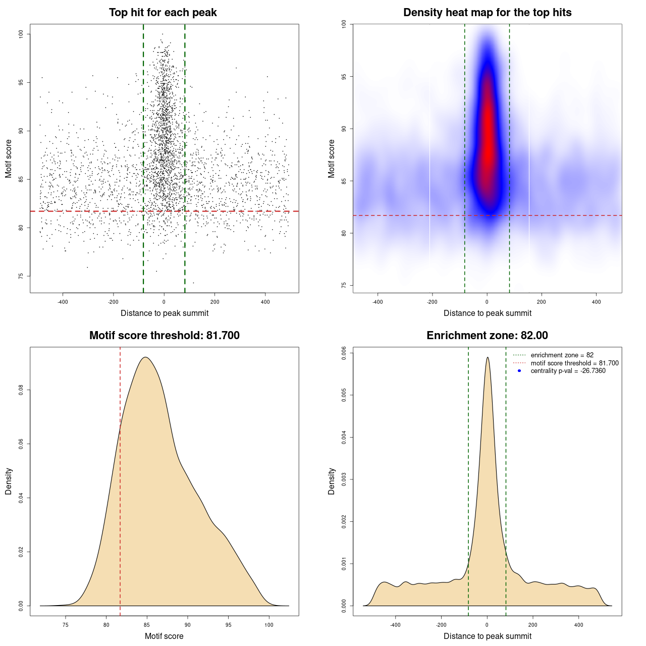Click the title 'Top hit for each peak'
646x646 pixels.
coord(163,13)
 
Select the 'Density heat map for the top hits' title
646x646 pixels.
coord(487,13)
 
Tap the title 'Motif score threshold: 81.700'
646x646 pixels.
coord(164,336)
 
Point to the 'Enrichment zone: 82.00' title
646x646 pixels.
coord(487,336)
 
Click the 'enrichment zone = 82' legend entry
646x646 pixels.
coord(562,355)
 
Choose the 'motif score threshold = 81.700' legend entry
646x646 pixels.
coord(574,363)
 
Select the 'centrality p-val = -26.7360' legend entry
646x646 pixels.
coord(568,371)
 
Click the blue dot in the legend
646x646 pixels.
coord(519,371)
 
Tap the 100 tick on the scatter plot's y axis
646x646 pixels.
coord(21,34)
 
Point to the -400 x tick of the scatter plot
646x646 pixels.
coord(63,302)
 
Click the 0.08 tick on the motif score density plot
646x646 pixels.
coord(21,390)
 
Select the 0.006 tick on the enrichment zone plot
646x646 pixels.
coord(344,352)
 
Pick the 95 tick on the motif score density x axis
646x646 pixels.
coord(228,625)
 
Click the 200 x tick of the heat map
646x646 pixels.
coord(542,302)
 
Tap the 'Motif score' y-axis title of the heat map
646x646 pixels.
coord(332,158)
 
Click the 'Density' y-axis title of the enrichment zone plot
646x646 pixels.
coord(332,481)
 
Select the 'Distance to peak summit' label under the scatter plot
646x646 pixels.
coord(165,313)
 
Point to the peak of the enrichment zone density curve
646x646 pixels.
coord(488,357)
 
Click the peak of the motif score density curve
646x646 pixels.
coord(145,357)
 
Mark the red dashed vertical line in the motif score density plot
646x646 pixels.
coord(120,479)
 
